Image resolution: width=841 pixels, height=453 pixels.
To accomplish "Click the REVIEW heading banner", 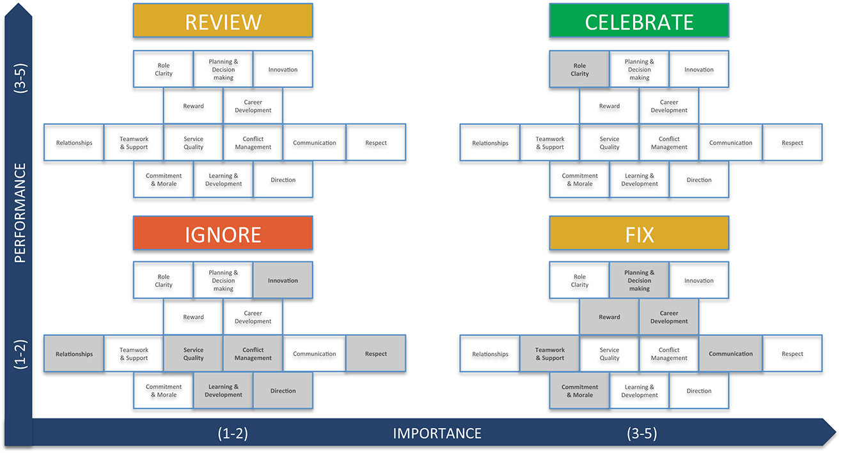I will point(223,21).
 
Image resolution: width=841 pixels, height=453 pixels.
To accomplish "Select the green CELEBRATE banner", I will point(639,21).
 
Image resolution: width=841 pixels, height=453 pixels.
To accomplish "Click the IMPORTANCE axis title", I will point(437,434).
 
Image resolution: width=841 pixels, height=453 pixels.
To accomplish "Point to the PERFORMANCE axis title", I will point(20,213).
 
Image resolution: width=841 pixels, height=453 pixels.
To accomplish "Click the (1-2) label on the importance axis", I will point(232,434).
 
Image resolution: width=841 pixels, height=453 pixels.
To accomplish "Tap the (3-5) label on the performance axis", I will point(20,79).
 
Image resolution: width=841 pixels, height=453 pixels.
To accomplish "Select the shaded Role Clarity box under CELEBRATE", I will point(579,70).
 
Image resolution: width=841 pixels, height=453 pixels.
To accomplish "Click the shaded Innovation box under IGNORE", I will point(283,280).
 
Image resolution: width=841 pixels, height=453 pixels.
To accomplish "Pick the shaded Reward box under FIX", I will point(609,317).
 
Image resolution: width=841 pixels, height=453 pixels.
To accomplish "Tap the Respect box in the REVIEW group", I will point(376,143).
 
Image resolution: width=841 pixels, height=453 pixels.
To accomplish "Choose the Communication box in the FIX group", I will point(730,354).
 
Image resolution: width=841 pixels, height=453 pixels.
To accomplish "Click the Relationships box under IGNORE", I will point(74,354).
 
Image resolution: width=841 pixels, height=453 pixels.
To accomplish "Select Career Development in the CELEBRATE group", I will point(669,106).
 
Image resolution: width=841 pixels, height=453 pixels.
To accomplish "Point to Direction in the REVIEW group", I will point(283,180).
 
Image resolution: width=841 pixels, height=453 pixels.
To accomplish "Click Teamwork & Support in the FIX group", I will point(550,354).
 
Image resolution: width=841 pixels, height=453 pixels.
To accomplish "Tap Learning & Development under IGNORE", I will point(223,391).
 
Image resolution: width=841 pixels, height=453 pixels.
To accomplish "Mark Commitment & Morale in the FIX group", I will point(579,391).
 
